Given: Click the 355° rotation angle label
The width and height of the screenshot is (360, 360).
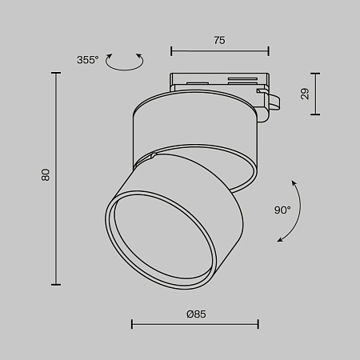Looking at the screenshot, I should [x=87, y=60].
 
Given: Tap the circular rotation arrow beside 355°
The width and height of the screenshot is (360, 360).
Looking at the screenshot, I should [x=126, y=62].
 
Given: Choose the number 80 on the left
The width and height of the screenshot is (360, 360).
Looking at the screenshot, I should [x=46, y=175].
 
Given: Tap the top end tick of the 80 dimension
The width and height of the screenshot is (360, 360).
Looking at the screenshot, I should [x=56, y=73].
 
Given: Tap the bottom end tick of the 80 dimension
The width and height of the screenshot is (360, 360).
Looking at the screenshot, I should [x=56, y=283].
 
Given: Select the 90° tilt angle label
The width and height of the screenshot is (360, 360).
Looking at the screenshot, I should [x=282, y=210].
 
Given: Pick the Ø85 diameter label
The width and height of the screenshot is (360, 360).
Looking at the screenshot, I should [x=195, y=314].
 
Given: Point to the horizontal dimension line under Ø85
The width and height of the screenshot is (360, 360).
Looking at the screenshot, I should [x=195, y=325].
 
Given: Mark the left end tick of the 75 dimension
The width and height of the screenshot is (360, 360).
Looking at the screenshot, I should [x=172, y=50].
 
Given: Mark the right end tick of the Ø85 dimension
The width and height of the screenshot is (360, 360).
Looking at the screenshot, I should [x=258, y=325].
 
